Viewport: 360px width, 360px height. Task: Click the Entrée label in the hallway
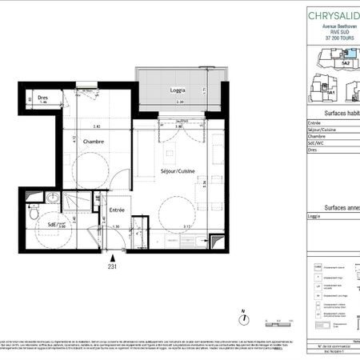tap(118, 209)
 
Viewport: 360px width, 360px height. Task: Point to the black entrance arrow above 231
tap(113, 258)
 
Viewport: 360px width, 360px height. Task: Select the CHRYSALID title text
tap(333, 14)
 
